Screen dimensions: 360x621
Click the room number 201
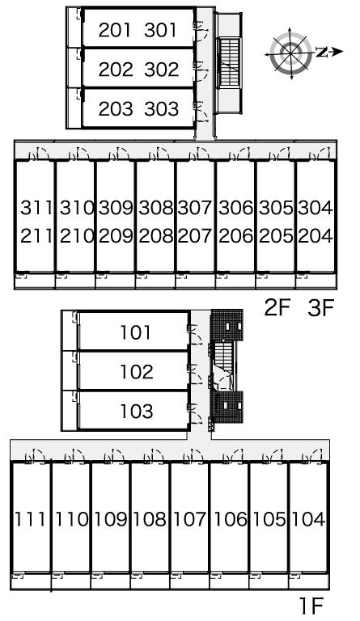tap(114, 30)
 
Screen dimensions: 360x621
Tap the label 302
tap(161, 70)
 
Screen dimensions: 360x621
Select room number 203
tap(115, 108)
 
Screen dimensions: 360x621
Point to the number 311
tap(36, 208)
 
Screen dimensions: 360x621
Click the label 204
tap(316, 235)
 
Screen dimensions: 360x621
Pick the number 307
tap(195, 208)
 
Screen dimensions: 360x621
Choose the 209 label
tap(116, 235)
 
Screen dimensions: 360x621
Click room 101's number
tap(135, 332)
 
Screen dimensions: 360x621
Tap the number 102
tap(136, 372)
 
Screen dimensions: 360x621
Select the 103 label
tap(136, 411)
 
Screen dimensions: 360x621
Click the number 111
tap(30, 519)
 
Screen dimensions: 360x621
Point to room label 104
tap(308, 519)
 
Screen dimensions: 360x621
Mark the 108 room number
tap(150, 519)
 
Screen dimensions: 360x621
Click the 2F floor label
tap(277, 308)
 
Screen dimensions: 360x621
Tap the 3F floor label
tap(321, 308)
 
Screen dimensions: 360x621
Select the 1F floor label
tap(311, 605)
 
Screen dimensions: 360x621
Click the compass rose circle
tap(290, 53)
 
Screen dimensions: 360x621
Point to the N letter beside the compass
tap(323, 52)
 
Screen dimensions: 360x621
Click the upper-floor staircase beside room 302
tap(228, 63)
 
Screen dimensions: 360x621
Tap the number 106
tap(230, 519)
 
